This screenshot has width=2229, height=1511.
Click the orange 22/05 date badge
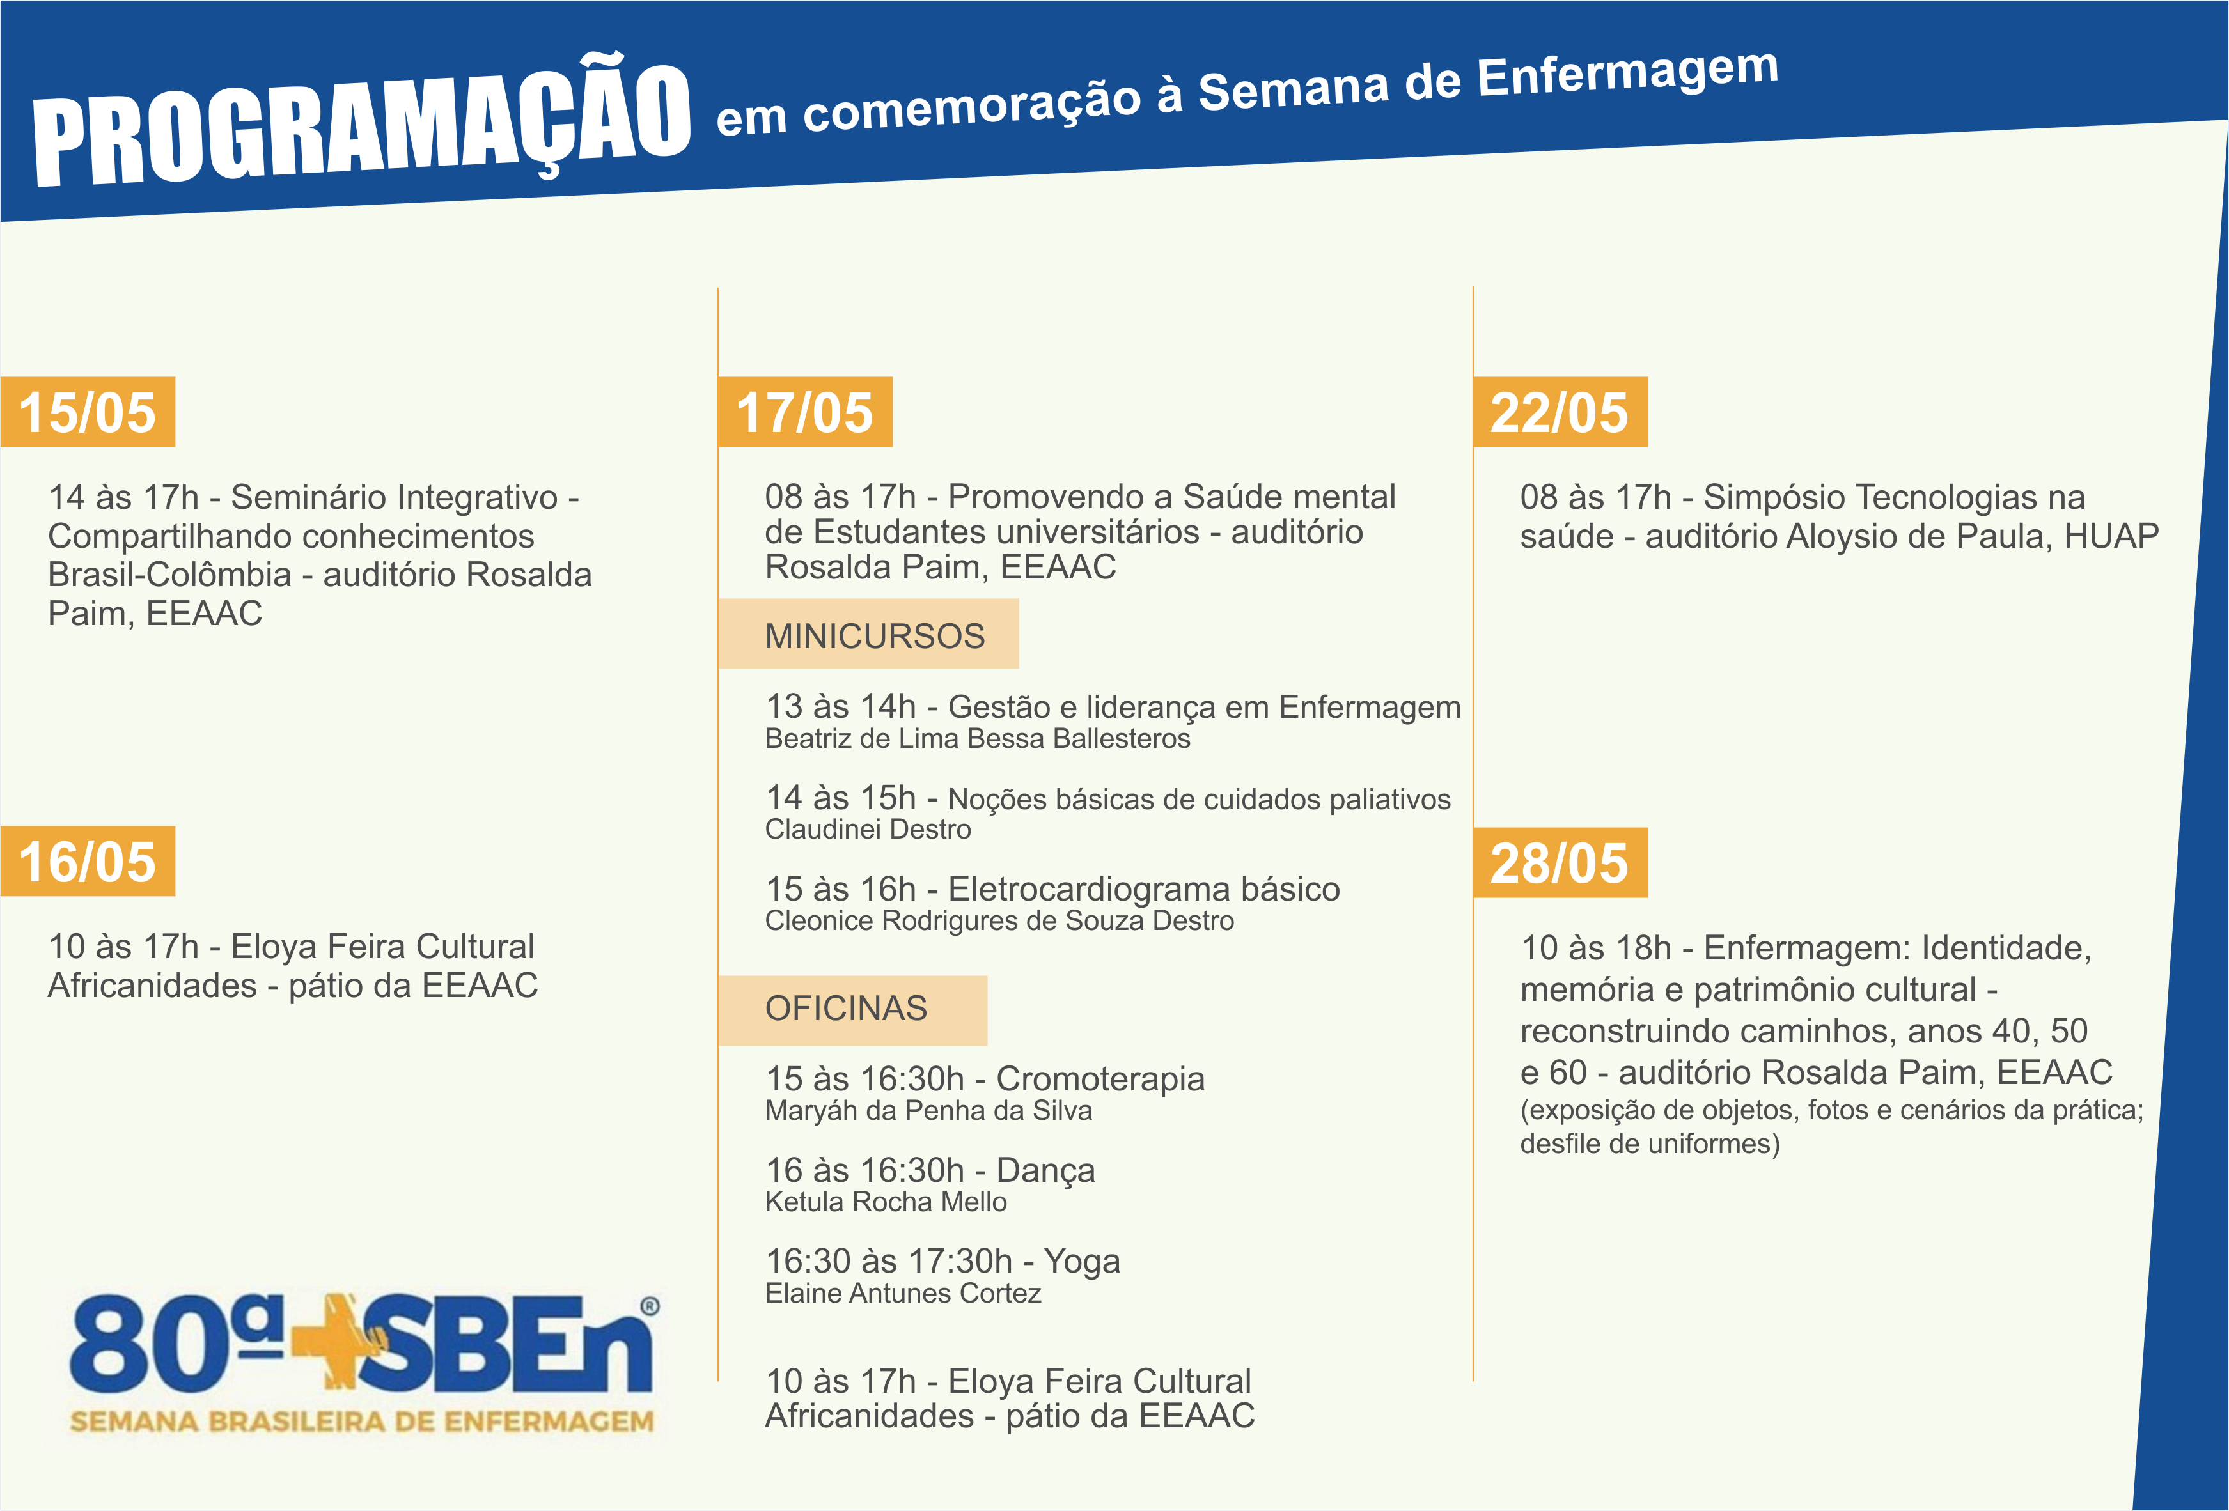[1560, 412]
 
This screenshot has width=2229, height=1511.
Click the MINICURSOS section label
[875, 635]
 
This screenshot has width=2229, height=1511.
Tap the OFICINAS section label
[846, 1009]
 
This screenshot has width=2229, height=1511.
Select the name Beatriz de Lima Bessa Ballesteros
[977, 739]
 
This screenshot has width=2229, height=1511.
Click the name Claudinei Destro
[868, 830]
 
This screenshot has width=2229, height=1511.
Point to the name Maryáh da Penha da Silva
[928, 1111]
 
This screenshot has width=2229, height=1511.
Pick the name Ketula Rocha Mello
[886, 1202]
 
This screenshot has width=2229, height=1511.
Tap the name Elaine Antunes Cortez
[903, 1294]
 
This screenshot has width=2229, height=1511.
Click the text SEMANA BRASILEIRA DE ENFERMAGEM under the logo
[362, 1422]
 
